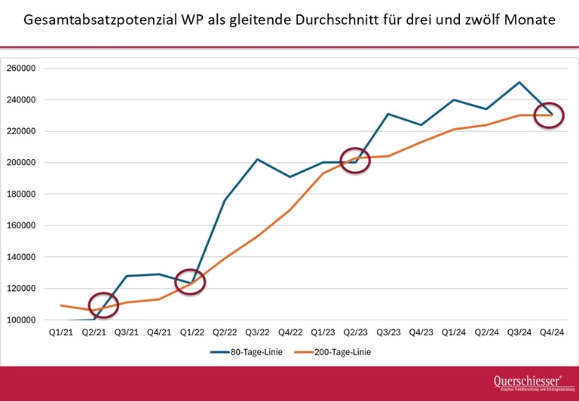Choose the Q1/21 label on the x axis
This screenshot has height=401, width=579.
point(60,332)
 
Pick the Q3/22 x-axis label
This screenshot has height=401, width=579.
point(257,332)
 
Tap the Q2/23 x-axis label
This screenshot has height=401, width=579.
point(356,332)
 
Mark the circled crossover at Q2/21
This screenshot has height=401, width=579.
point(103,305)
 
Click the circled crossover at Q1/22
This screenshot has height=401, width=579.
point(190,283)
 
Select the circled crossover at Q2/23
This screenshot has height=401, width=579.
point(355,161)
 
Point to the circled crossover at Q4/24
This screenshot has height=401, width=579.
point(550,115)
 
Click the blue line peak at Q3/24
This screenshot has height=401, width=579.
point(519,82)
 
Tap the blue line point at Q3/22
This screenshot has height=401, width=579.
point(257,159)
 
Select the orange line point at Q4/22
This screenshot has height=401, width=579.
point(289,210)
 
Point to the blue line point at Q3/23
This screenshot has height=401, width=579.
point(388,114)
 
